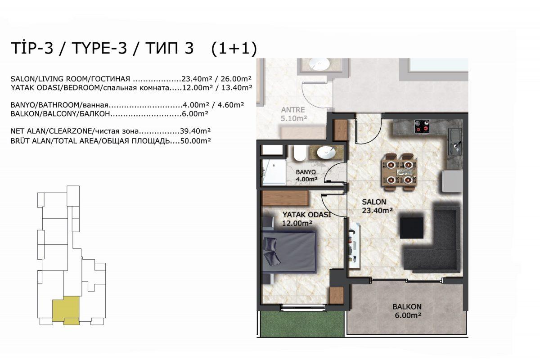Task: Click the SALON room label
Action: click(x=374, y=202)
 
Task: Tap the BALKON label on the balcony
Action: click(x=407, y=307)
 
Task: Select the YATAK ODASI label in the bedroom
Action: click(x=306, y=215)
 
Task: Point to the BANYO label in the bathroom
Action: click(x=306, y=172)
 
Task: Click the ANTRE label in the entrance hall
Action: click(x=293, y=110)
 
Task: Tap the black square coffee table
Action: click(x=412, y=228)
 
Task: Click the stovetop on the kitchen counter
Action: click(x=422, y=126)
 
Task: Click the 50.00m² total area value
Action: click(x=195, y=141)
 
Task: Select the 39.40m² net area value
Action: click(x=195, y=131)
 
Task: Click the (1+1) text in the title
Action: click(x=234, y=48)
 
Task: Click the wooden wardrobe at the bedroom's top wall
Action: click(x=285, y=198)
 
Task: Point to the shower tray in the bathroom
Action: click(x=274, y=172)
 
